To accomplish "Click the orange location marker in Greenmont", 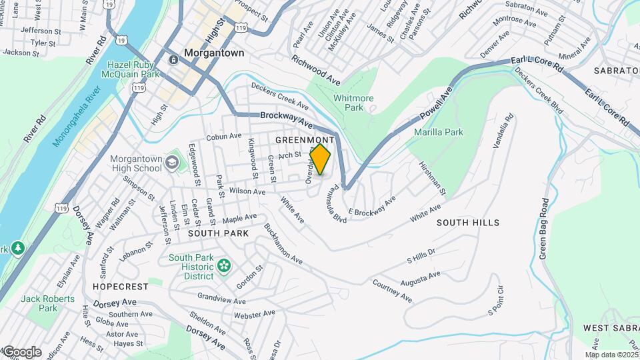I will tap(321, 159).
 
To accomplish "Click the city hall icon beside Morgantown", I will tap(173, 59).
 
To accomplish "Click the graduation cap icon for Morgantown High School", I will tap(173, 161).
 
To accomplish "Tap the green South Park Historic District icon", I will tap(224, 267).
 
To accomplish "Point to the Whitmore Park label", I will tap(353, 103).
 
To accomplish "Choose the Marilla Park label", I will tap(439, 132).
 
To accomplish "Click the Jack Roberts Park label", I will tap(48, 303).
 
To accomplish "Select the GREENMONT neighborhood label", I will tap(304, 140).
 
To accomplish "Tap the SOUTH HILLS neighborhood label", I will tap(468, 223).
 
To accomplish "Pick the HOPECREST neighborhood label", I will tap(121, 286).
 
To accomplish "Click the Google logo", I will tap(22, 352).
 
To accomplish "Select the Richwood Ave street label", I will tap(315, 69).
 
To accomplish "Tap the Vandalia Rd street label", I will tap(506, 132).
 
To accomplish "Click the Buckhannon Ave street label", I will tap(284, 243).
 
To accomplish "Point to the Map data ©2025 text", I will tap(611, 355).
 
